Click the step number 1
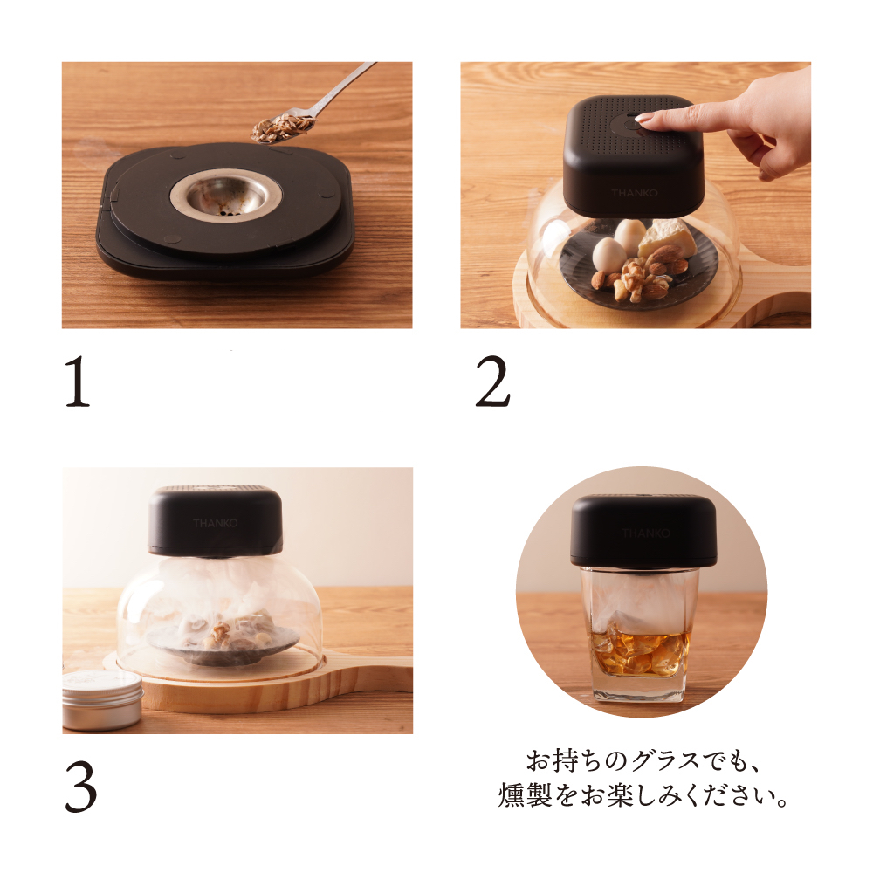point(79,385)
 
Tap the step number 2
point(492,385)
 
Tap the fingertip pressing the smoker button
point(650,120)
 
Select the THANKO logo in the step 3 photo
point(215,523)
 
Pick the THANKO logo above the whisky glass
point(646,533)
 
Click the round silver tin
point(103,700)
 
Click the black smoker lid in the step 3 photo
point(215,521)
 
